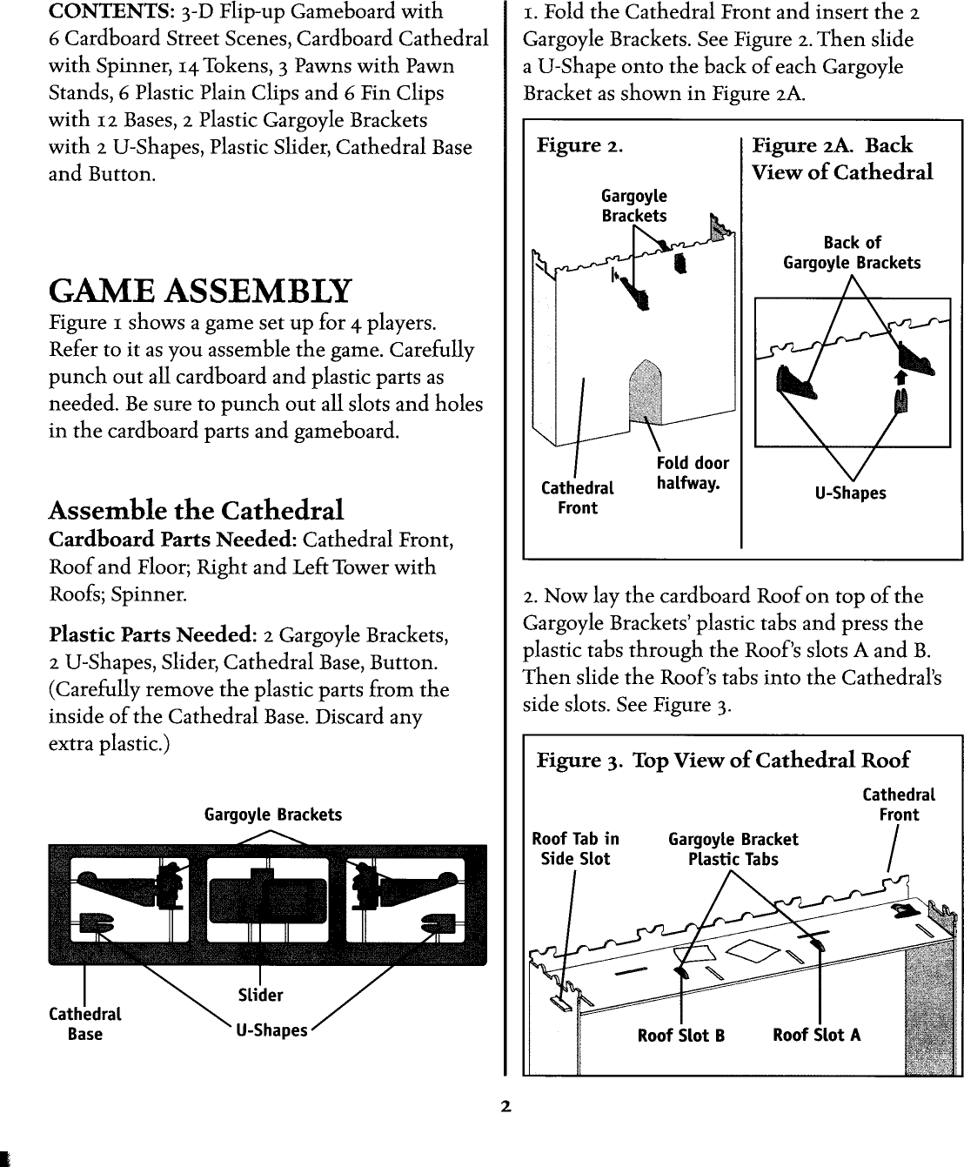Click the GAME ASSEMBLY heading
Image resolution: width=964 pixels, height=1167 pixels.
[201, 291]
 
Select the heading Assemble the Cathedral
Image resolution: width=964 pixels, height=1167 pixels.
[196, 510]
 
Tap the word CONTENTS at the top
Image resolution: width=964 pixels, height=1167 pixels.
[101, 12]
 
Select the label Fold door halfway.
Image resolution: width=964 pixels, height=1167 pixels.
[693, 473]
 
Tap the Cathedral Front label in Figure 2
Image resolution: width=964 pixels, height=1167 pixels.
[577, 498]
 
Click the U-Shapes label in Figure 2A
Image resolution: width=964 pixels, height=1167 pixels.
[850, 493]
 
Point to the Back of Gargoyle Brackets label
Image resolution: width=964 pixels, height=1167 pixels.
[852, 252]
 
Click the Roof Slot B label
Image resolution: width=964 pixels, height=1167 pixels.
[680, 1035]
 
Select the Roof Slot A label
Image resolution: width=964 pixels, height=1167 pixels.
[816, 1035]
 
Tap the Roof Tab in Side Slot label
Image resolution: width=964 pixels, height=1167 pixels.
[575, 848]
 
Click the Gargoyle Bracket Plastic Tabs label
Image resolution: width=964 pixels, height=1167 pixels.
[733, 848]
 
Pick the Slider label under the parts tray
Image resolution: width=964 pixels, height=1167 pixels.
[260, 995]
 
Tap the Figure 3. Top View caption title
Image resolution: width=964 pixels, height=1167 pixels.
[722, 760]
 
